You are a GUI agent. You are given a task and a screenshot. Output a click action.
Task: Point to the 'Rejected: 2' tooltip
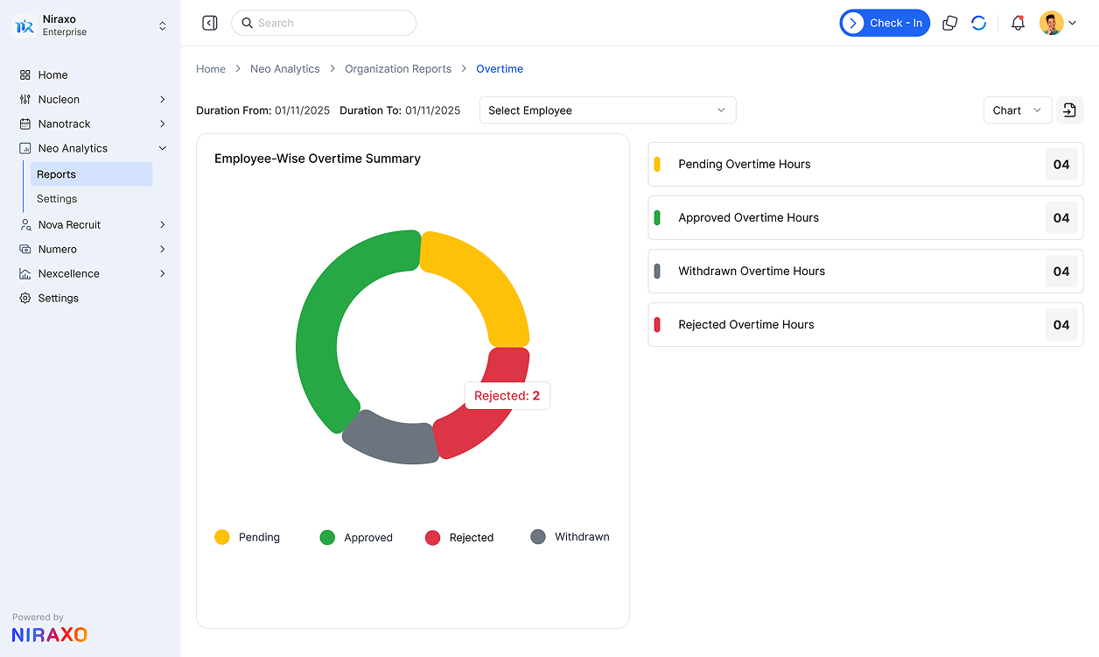click(507, 396)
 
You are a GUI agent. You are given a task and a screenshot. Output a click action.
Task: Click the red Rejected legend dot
click(432, 538)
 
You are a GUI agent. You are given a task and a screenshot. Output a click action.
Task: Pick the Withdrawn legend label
click(582, 537)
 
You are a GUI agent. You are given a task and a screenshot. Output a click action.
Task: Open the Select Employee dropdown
click(607, 110)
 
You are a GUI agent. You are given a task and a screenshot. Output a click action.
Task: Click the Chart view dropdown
click(1017, 110)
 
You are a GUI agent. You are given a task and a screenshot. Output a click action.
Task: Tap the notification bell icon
click(1018, 24)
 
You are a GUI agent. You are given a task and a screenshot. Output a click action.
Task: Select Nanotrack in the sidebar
click(65, 124)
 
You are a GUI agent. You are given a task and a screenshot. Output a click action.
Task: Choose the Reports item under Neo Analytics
click(57, 174)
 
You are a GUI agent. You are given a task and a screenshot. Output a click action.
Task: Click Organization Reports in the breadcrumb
click(398, 69)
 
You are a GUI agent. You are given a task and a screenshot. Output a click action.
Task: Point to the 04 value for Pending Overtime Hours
click(1061, 165)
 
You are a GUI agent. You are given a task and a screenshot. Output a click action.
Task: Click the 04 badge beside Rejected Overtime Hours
click(1061, 325)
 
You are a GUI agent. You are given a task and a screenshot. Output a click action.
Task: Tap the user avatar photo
click(1051, 24)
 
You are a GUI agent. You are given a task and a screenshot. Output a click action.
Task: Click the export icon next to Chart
click(1069, 110)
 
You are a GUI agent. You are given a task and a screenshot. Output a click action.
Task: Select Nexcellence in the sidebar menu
click(69, 274)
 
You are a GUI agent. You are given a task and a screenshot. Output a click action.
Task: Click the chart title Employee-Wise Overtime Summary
click(318, 159)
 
